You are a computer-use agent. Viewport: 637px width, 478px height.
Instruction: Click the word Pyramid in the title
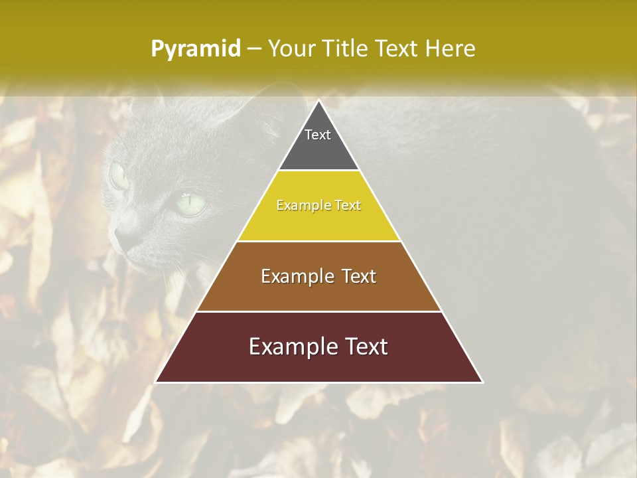click(195, 49)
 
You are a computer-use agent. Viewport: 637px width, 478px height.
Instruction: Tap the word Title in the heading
click(348, 48)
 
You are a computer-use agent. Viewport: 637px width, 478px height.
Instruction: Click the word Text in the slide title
click(397, 48)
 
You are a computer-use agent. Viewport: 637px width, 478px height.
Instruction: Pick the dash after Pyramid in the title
click(253, 49)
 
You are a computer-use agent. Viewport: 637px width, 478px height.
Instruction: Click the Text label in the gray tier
click(318, 135)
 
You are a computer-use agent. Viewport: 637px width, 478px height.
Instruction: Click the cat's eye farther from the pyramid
click(119, 175)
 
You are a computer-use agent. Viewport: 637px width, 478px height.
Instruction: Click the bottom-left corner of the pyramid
click(156, 382)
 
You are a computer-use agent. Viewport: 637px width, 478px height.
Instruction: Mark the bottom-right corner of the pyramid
click(482, 382)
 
